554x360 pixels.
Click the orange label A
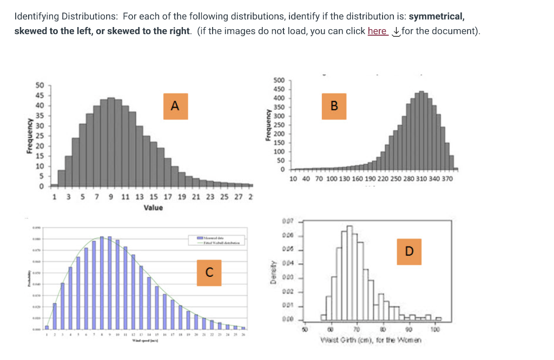point(174,105)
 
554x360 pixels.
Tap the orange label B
point(334,105)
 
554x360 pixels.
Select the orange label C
point(209,270)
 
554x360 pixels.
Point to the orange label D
point(409,251)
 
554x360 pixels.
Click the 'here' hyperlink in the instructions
point(377,31)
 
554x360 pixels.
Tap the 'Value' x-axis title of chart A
point(153,208)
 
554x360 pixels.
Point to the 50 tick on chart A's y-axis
point(39,85)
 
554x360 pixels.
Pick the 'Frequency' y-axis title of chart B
point(267,126)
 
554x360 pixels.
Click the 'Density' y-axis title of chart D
point(274,271)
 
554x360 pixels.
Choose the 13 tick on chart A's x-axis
point(140,197)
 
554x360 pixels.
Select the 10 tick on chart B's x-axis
point(293,179)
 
